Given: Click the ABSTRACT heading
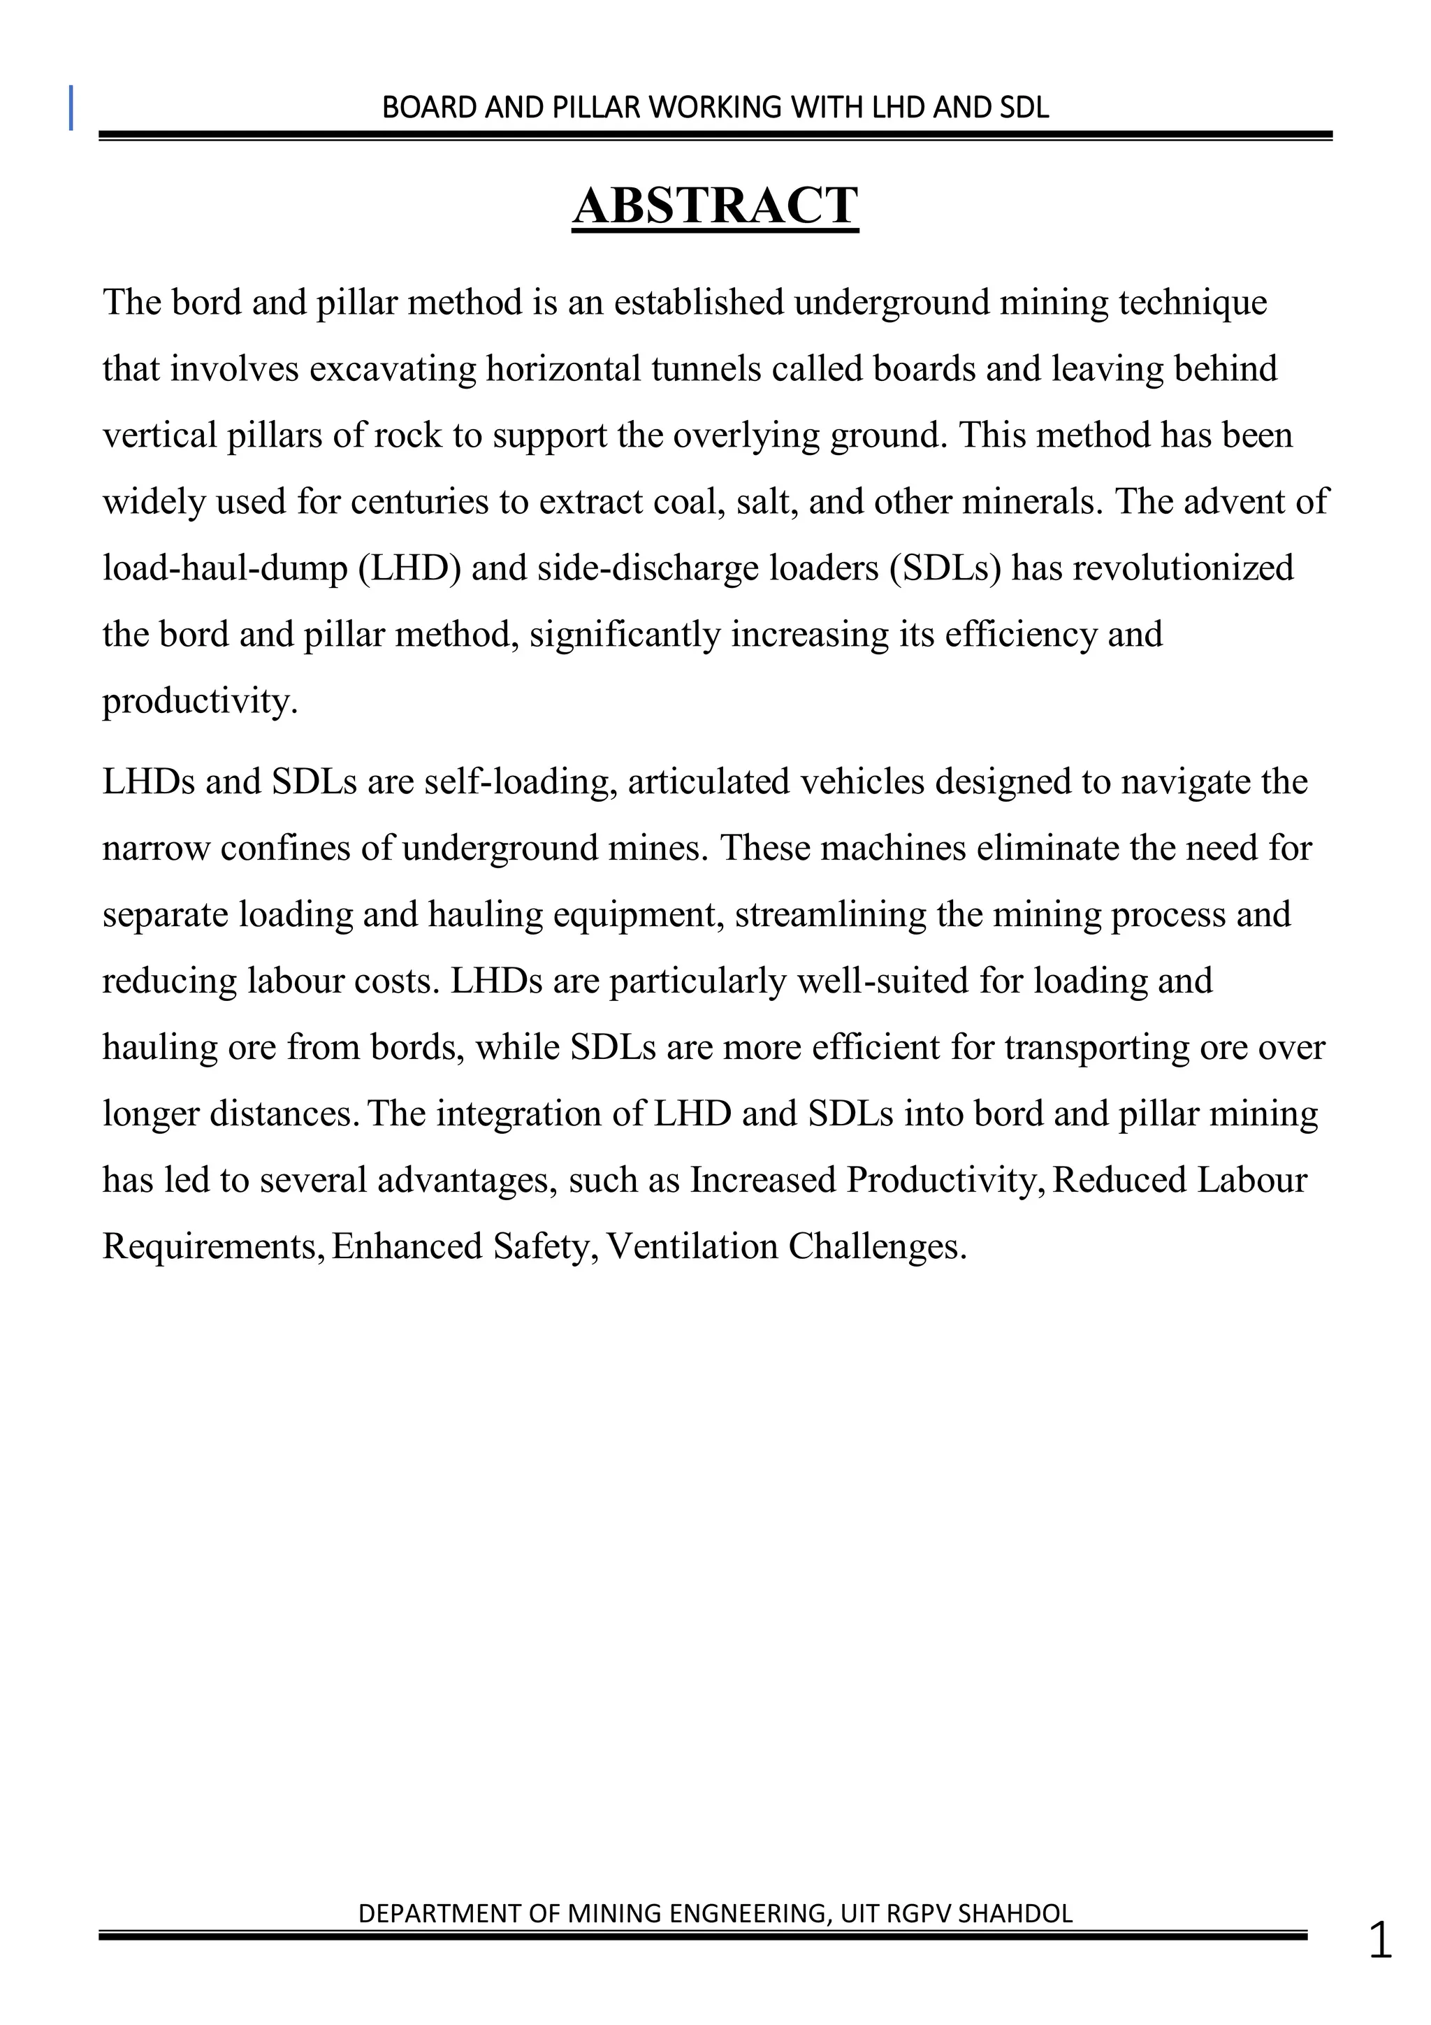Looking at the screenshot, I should coord(715,206).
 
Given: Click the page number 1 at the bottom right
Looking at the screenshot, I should coord(1380,1941).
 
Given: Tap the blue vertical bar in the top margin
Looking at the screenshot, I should coord(71,108).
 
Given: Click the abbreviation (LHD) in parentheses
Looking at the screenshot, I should coord(410,568).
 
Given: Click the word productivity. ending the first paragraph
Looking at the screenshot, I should coord(200,702).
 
